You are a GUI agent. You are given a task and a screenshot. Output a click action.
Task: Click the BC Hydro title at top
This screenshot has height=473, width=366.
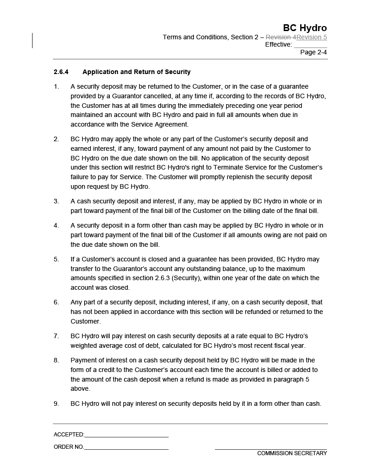(x=305, y=28)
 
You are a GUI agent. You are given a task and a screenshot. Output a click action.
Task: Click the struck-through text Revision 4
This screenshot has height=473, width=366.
(x=281, y=37)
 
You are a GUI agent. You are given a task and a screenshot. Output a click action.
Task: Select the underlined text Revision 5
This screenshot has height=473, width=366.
(x=312, y=37)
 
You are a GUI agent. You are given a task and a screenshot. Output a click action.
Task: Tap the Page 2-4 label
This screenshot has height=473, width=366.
(x=313, y=52)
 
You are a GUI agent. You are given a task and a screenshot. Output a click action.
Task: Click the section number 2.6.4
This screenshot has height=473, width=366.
(x=61, y=72)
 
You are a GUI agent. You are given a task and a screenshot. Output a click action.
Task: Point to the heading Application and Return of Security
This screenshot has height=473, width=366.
(x=136, y=72)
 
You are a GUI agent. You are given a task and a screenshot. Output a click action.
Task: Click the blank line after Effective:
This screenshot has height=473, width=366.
(x=310, y=45)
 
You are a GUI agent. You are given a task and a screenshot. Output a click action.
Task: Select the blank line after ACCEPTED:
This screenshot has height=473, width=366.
(x=126, y=435)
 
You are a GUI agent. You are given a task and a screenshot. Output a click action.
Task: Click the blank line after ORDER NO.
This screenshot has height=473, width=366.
(x=126, y=447)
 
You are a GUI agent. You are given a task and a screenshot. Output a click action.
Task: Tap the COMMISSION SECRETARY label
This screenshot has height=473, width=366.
(x=292, y=453)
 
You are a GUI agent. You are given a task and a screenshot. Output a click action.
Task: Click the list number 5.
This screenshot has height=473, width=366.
(x=56, y=259)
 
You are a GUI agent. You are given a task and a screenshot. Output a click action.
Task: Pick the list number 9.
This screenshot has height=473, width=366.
(x=56, y=404)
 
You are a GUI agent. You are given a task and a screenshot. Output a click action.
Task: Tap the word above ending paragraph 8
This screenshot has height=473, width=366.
(x=80, y=389)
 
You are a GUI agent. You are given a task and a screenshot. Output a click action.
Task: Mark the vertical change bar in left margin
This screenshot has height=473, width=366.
(x=32, y=40)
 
